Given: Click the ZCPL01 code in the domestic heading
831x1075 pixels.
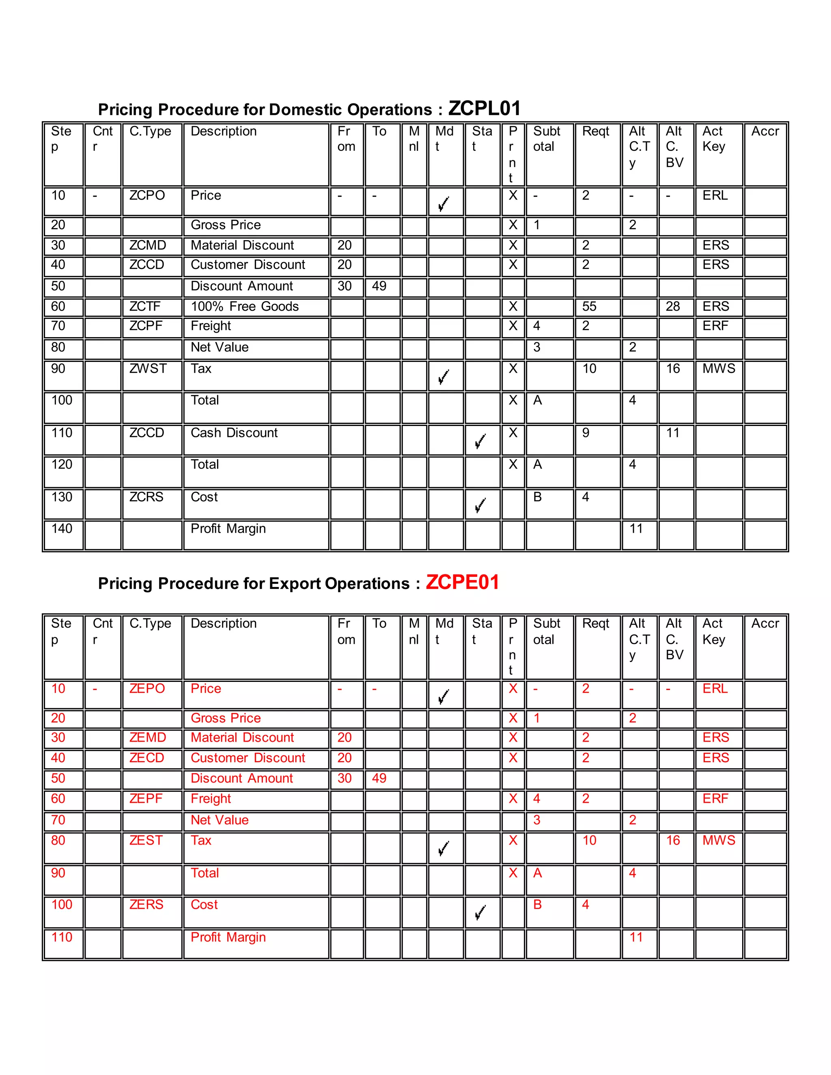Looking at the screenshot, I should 484,108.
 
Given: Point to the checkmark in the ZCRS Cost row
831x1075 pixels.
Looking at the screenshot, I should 480,505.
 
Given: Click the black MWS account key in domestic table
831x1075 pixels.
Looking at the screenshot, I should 718,369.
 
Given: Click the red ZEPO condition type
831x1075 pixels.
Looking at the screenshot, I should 147,689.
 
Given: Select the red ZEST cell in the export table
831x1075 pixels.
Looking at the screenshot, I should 146,840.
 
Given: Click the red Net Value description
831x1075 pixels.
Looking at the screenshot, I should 220,820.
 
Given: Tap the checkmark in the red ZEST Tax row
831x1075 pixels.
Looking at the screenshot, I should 443,849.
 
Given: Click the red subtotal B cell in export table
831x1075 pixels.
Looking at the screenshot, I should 538,905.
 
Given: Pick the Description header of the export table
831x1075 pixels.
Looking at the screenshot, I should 224,623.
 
